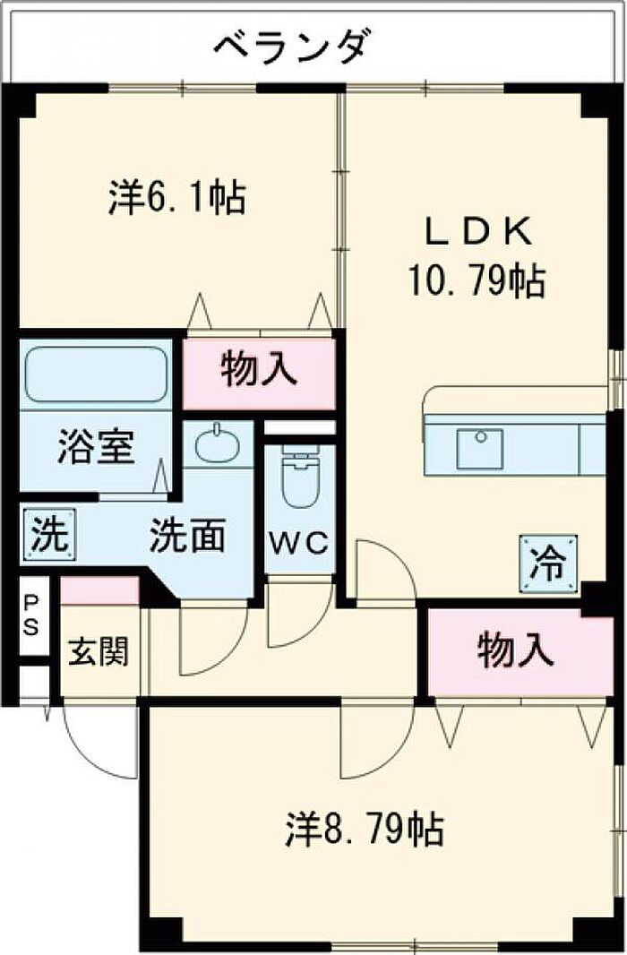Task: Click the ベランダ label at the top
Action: [291, 47]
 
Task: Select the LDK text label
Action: [477, 232]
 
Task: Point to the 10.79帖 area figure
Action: [476, 280]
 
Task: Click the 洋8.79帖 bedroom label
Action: [364, 829]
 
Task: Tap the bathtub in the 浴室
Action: [96, 374]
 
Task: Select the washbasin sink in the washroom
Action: [218, 444]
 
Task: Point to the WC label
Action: [299, 543]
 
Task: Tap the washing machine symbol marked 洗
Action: [49, 534]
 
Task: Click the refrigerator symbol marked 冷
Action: [548, 564]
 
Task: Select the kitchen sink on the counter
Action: [480, 450]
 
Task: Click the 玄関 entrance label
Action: [99, 652]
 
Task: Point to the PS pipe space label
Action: [30, 615]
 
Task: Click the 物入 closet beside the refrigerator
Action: [520, 652]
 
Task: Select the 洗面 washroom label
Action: [188, 536]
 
